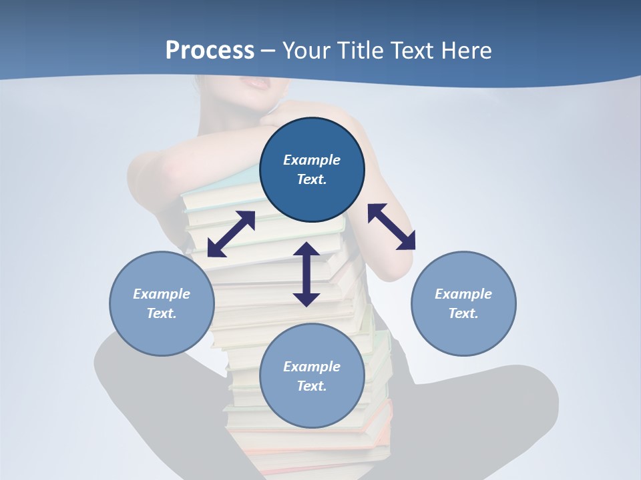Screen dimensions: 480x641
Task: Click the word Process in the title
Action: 210,51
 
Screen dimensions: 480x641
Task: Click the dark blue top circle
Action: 312,170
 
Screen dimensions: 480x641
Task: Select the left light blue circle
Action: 162,303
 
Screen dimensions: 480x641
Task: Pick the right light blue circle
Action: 463,303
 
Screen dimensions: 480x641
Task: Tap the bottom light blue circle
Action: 312,376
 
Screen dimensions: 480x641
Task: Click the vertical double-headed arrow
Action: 306,274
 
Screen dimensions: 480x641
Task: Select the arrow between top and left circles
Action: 231,234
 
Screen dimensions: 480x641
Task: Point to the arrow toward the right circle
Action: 391,227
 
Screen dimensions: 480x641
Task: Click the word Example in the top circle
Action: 312,160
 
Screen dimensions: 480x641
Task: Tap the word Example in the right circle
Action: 463,294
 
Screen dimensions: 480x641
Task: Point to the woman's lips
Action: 257,83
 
